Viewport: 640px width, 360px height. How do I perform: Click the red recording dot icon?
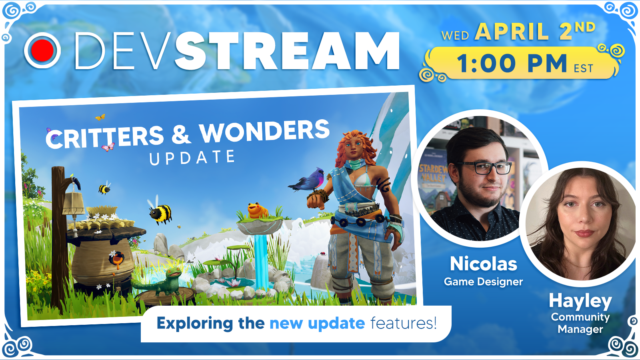click(42, 50)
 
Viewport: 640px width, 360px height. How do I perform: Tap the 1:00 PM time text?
click(512, 64)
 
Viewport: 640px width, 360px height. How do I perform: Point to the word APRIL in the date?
click(512, 32)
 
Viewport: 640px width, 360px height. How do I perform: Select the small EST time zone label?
click(584, 68)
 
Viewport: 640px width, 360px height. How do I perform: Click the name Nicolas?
click(484, 264)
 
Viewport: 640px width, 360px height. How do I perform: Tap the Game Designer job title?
click(484, 282)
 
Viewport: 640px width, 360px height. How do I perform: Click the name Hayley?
click(580, 302)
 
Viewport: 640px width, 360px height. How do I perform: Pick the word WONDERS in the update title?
click(264, 132)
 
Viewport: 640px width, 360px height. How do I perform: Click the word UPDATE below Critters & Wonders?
click(192, 158)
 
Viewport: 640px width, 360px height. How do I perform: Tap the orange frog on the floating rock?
click(257, 210)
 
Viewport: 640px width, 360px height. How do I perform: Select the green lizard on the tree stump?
click(160, 282)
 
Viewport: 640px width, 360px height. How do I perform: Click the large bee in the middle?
click(160, 212)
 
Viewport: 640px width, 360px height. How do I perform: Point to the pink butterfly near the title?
click(108, 147)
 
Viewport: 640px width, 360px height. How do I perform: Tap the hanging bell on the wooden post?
click(74, 204)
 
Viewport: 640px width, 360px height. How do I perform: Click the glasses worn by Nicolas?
click(484, 168)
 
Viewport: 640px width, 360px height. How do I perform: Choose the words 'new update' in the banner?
click(317, 324)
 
